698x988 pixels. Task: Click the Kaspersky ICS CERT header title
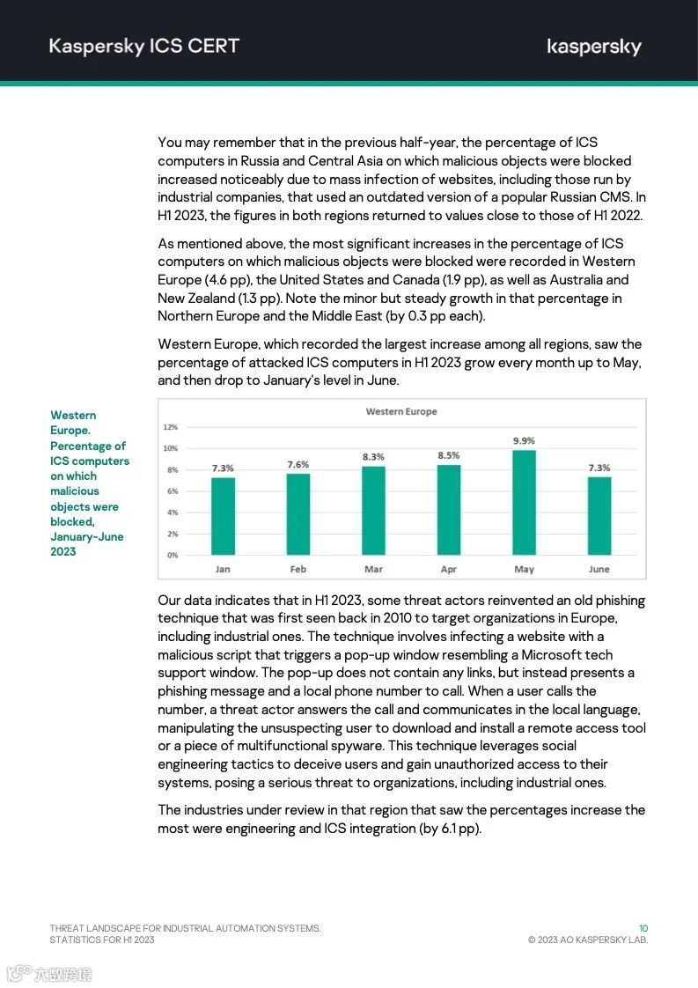143,46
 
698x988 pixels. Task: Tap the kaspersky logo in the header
593,48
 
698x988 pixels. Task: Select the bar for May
524,502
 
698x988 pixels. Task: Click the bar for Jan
223,516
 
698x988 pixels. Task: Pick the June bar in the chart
599,516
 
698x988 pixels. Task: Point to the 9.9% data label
524,440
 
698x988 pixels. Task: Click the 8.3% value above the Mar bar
373,457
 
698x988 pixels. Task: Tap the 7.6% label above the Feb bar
298,464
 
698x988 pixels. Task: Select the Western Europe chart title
401,411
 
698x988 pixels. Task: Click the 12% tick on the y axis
171,427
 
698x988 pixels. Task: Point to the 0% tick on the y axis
172,555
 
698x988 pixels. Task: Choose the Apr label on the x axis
448,569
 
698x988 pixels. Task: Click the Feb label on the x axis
298,569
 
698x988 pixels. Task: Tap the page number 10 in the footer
643,928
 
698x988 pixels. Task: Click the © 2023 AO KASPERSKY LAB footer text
587,940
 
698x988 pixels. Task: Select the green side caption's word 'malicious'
75,491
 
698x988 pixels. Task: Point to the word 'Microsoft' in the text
563,654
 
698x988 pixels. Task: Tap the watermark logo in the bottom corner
49,973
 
